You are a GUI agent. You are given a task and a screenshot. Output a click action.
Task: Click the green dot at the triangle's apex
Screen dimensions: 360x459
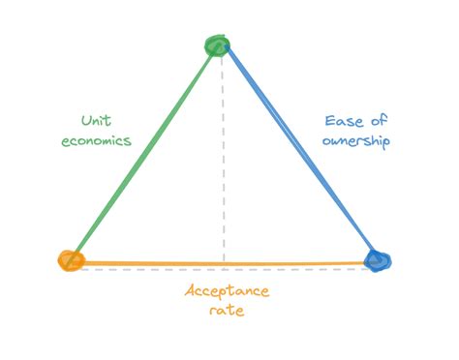point(218,45)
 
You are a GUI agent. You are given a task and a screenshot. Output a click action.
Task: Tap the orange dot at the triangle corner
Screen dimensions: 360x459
point(70,259)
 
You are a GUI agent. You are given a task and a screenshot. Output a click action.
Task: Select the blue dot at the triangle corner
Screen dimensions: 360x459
point(377,259)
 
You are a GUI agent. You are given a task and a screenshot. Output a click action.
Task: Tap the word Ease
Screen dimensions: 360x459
point(342,122)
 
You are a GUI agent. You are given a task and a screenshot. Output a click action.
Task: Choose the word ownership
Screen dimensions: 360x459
point(354,140)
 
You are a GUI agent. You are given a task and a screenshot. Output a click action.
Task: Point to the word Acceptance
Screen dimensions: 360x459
point(227,292)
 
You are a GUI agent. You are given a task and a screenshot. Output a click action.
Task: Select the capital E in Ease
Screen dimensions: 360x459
point(328,122)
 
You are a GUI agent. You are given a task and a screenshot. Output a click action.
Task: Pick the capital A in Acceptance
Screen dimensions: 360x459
point(191,291)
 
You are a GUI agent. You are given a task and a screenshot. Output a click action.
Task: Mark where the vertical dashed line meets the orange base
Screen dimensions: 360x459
point(224,262)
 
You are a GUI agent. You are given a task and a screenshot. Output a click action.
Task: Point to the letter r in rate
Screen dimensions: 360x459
point(212,312)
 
